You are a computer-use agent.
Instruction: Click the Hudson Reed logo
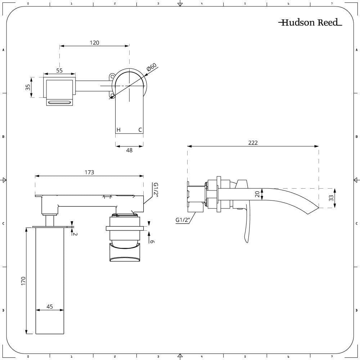tap(310, 23)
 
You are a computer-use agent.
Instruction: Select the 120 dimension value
tap(94, 42)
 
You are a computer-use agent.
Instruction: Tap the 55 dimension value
tap(59, 71)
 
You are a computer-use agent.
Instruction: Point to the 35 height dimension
tap(28, 87)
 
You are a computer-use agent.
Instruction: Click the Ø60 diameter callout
tap(152, 68)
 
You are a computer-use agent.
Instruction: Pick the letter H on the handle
tap(118, 130)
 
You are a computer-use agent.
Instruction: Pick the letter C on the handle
tap(140, 130)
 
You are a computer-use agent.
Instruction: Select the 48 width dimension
tap(129, 150)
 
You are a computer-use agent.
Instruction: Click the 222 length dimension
tap(253, 143)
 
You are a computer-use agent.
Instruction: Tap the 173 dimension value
tap(89, 172)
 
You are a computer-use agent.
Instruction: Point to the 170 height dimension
tap(23, 280)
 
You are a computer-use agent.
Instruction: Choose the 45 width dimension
tap(50, 306)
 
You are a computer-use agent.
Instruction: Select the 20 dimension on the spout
tap(257, 194)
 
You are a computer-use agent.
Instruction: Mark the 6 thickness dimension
tap(152, 242)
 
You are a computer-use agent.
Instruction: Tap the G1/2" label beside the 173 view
tap(156, 190)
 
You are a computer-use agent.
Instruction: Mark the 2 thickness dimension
tap(76, 234)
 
